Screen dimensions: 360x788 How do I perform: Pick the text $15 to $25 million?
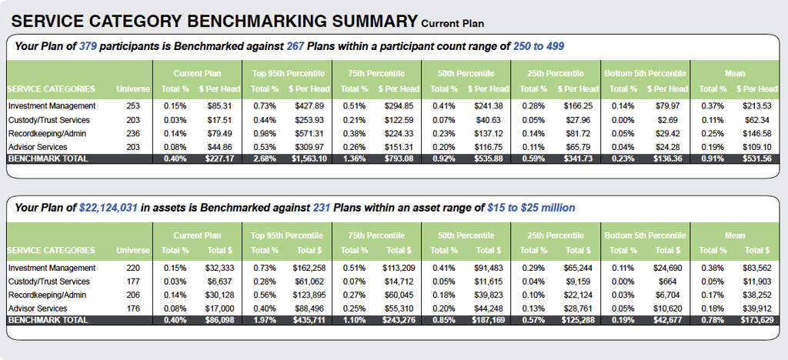click(x=531, y=208)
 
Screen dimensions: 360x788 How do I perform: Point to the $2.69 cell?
click(x=669, y=120)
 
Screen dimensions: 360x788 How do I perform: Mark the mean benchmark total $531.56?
click(x=758, y=159)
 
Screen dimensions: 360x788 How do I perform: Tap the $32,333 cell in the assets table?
click(x=222, y=268)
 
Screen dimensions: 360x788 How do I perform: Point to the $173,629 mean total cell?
click(x=756, y=319)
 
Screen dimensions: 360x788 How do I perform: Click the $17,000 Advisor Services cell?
click(x=222, y=308)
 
